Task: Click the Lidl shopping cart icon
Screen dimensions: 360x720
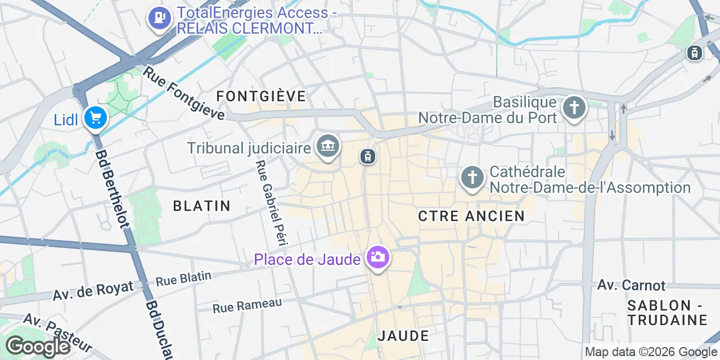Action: tap(95, 118)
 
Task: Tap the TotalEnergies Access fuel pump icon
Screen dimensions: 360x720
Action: tap(160, 18)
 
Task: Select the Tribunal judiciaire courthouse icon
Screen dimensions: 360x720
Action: tap(327, 147)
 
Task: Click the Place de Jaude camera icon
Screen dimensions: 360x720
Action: tap(378, 258)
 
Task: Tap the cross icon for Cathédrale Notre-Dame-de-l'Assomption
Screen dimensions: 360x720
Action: tap(472, 178)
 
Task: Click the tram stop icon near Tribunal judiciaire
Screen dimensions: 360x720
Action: tap(368, 156)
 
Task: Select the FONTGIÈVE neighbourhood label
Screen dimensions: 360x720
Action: tap(261, 96)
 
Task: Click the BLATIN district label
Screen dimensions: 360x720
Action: tap(202, 206)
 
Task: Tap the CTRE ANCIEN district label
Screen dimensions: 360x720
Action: tap(471, 215)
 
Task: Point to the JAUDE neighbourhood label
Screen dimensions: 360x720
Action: tap(403, 336)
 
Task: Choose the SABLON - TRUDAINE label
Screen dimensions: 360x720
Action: tap(667, 313)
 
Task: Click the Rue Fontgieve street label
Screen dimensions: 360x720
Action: tap(183, 93)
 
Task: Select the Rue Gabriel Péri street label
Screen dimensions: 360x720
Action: tap(271, 203)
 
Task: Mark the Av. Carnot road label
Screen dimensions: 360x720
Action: tap(631, 285)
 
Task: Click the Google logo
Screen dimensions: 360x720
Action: tap(38, 347)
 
